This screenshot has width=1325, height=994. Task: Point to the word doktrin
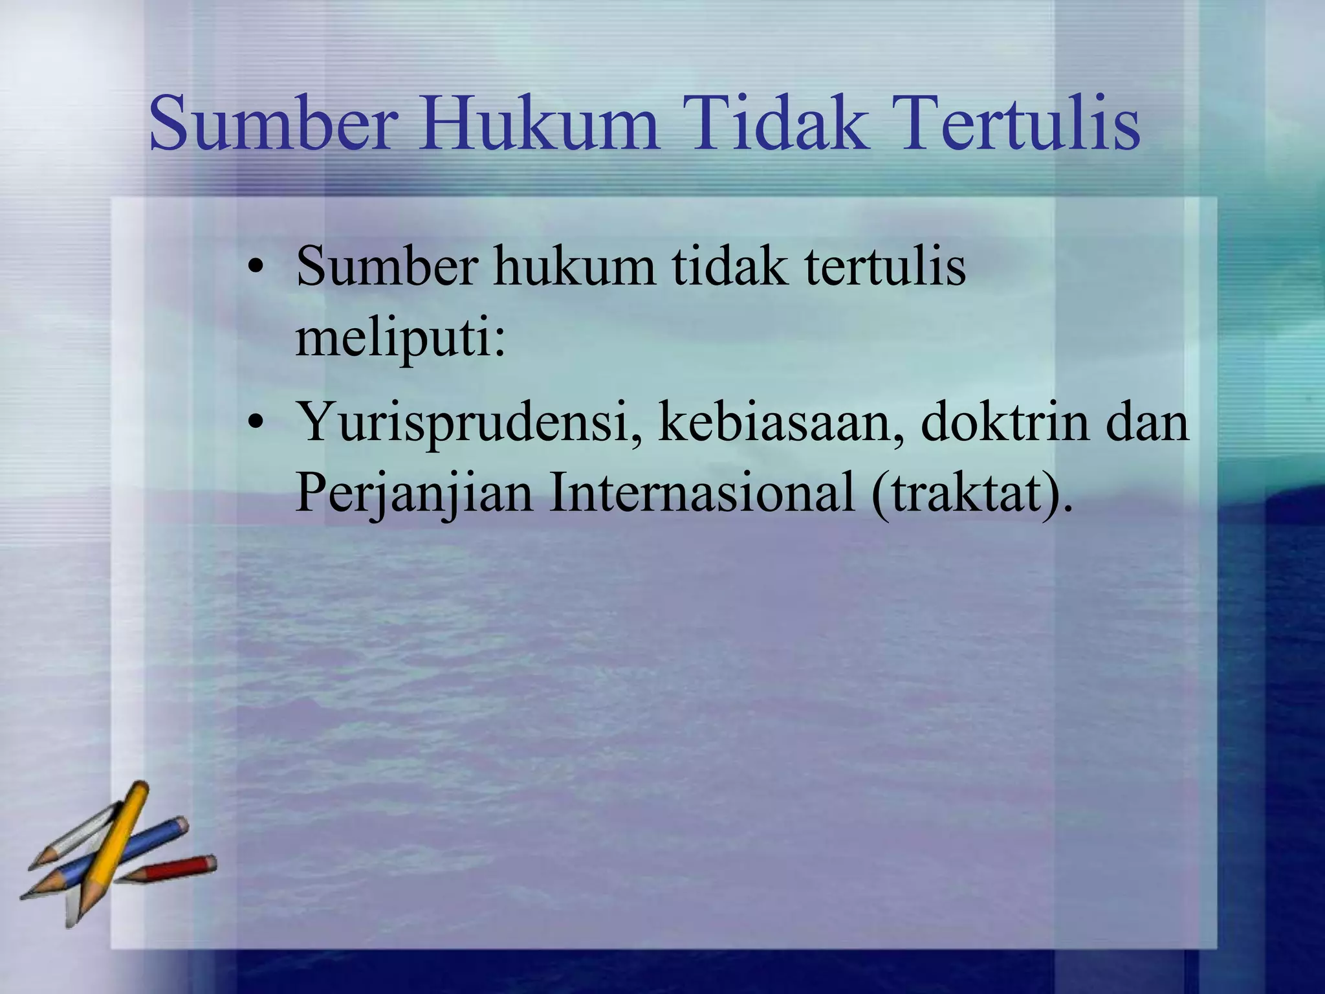1005,422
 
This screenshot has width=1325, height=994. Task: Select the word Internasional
702,492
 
